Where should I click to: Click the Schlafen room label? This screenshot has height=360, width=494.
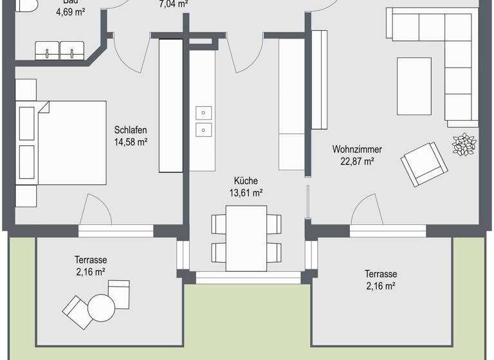(131, 129)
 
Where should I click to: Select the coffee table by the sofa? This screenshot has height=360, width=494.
(414, 85)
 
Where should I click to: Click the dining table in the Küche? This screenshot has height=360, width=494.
(246, 237)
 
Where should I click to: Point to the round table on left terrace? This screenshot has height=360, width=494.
(100, 307)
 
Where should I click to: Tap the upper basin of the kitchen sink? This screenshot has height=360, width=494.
(204, 113)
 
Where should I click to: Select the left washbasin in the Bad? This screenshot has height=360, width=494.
(46, 50)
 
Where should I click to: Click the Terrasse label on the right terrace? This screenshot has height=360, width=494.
(380, 273)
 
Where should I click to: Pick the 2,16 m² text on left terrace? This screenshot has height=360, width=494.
(90, 272)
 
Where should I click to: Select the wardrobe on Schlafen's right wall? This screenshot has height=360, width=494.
(171, 105)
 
